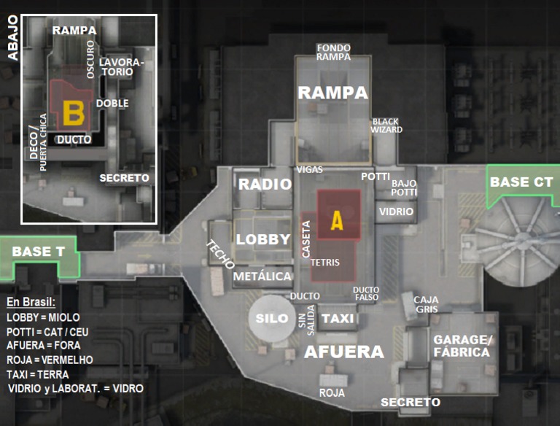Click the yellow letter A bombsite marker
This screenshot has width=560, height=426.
pyautogui.click(x=336, y=220)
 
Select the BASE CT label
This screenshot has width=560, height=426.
pyautogui.click(x=521, y=182)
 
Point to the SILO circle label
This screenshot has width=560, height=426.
pyautogui.click(x=271, y=319)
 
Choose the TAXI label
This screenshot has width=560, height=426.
pyautogui.click(x=338, y=319)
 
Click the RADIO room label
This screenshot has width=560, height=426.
pyautogui.click(x=265, y=185)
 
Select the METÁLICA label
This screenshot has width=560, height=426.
pyautogui.click(x=262, y=276)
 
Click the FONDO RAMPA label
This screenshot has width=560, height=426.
pyautogui.click(x=333, y=53)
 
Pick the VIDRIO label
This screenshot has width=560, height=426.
pyautogui.click(x=397, y=212)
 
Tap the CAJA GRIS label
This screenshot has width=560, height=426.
pyautogui.click(x=426, y=303)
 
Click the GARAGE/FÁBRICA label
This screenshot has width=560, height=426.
pyautogui.click(x=462, y=346)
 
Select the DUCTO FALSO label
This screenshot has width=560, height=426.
pyautogui.click(x=366, y=293)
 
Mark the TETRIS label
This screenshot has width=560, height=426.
pyautogui.click(x=324, y=262)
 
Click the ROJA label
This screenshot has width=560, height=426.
pyautogui.click(x=332, y=392)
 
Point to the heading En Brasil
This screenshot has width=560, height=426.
pyautogui.click(x=31, y=302)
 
